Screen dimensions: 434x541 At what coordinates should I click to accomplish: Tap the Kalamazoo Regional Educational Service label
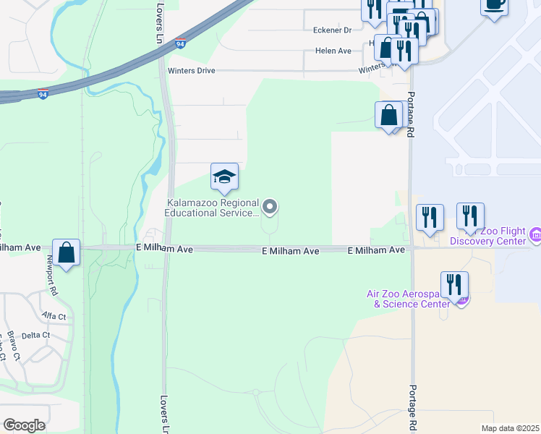coord(211,208)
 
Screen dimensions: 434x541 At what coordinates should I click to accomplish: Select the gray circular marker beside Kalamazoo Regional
coord(270,208)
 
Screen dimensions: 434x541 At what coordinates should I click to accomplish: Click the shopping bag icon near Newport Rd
coord(67,253)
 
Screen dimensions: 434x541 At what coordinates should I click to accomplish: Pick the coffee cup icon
coord(494,5)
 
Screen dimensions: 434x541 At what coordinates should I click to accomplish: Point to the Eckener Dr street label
coord(332,30)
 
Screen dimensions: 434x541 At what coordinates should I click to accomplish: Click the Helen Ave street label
coord(333,51)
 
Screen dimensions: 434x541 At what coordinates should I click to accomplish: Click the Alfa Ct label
coord(54,317)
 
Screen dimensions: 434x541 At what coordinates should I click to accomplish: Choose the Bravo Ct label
coord(12,346)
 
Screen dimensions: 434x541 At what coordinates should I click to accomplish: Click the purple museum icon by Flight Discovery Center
coord(536,235)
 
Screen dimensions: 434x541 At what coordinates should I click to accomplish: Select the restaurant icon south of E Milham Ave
coord(454,284)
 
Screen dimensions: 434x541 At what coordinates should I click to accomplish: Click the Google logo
coord(24,425)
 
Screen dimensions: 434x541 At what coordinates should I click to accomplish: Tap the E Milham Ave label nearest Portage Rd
coord(375,250)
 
